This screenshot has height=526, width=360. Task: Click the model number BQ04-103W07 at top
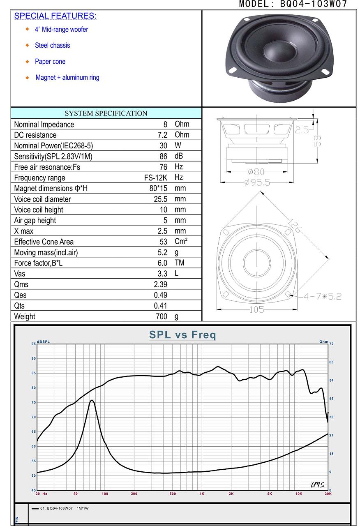313,4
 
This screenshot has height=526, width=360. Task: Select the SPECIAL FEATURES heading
55,16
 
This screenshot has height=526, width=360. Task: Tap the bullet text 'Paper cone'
50,62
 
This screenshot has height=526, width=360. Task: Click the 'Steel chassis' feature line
52,45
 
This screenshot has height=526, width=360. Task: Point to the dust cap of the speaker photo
279,51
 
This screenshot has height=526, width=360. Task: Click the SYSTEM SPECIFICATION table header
106,113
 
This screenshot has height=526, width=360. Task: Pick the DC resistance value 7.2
162,135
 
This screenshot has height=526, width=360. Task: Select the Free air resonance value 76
163,167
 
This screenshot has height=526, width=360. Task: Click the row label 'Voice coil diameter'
42,199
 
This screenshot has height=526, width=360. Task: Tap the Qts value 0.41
160,306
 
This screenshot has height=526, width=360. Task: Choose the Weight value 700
162,316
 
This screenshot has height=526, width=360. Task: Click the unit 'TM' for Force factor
180,263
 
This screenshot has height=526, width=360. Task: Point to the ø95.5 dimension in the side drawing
257,182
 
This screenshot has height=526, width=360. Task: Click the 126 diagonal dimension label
295,226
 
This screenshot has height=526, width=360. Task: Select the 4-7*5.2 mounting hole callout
323,297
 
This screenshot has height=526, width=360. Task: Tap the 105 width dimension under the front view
256,310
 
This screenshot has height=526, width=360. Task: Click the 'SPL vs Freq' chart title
182,335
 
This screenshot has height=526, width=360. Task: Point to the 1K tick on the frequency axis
202,494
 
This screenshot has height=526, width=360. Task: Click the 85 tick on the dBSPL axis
34,373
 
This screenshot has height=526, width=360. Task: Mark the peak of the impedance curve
92,400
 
